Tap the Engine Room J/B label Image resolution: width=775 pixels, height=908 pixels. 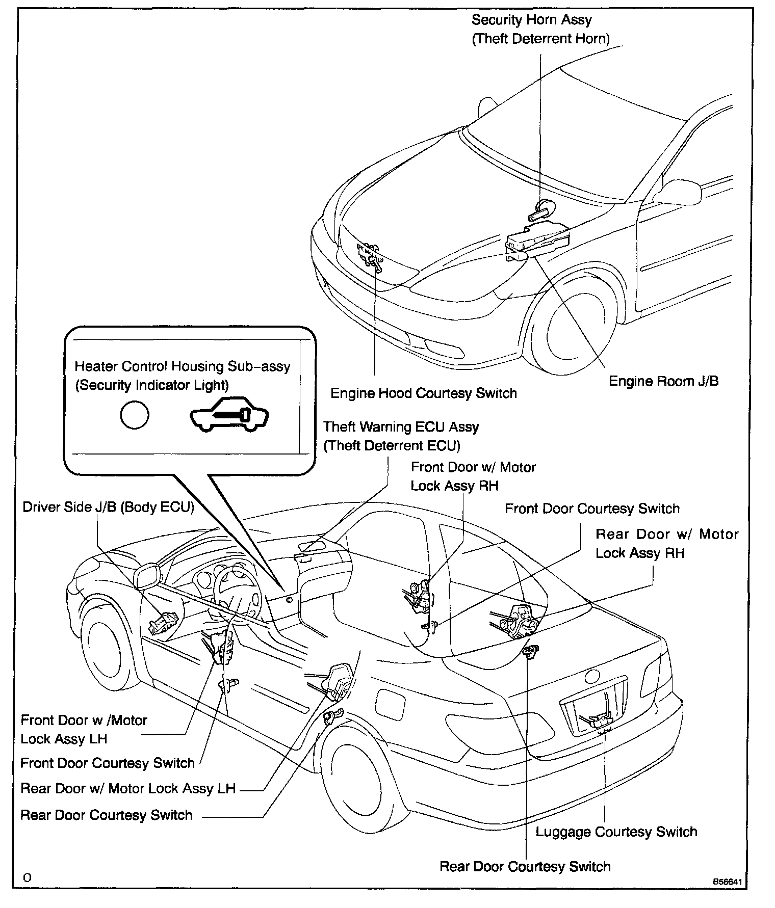[x=664, y=381]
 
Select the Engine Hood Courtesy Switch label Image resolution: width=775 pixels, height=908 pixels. [x=424, y=393]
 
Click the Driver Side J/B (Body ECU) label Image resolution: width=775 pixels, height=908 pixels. [x=109, y=508]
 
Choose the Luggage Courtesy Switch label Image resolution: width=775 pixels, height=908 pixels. [x=616, y=832]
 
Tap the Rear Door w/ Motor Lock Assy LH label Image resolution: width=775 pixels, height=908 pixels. [x=128, y=789]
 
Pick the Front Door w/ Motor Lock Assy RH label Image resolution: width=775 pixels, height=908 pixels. [x=473, y=476]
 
